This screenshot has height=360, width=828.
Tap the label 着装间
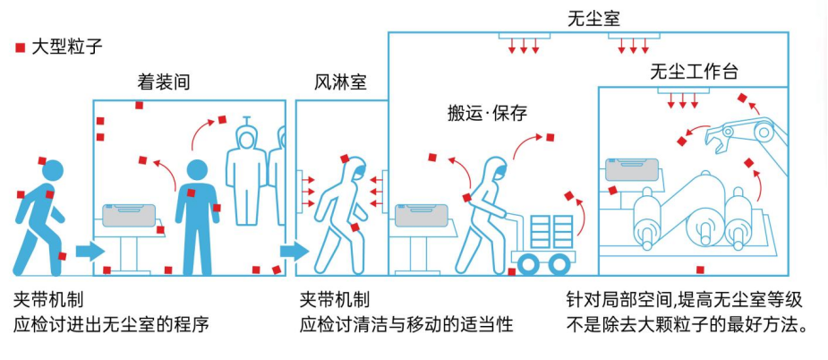coord(164,82)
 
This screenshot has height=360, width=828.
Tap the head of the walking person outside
coord(53,169)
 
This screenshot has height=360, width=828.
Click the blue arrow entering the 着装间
coord(89,252)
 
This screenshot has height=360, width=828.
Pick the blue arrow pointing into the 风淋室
coord(293,252)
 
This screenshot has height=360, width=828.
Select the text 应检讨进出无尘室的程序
coord(111,323)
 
